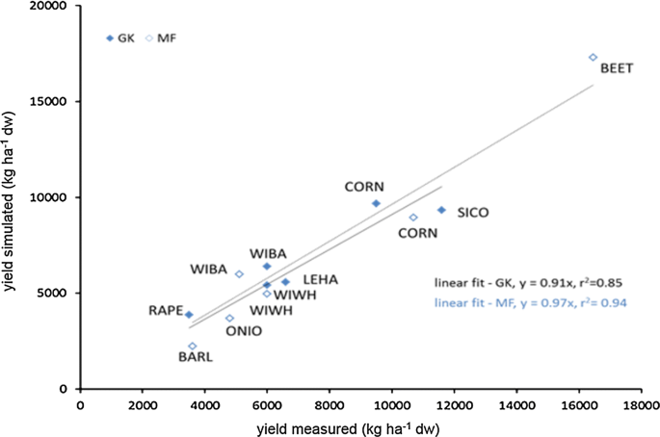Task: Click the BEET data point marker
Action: pyautogui.click(x=593, y=58)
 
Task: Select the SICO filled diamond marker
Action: pyautogui.click(x=441, y=210)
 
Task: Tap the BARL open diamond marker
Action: pyautogui.click(x=193, y=347)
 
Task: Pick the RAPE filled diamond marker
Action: pyautogui.click(x=189, y=315)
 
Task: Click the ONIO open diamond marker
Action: pyautogui.click(x=229, y=319)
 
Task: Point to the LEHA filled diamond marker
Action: pyautogui.click(x=285, y=282)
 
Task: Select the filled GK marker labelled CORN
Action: pyautogui.click(x=376, y=203)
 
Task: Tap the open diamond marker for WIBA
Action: pyautogui.click(x=239, y=274)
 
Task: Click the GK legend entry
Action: pyautogui.click(x=120, y=39)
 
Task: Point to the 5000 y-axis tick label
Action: pyautogui.click(x=55, y=293)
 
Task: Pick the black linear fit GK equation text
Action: pyautogui.click(x=530, y=283)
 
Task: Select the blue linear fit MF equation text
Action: pyautogui.click(x=530, y=303)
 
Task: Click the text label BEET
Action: pyautogui.click(x=617, y=70)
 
